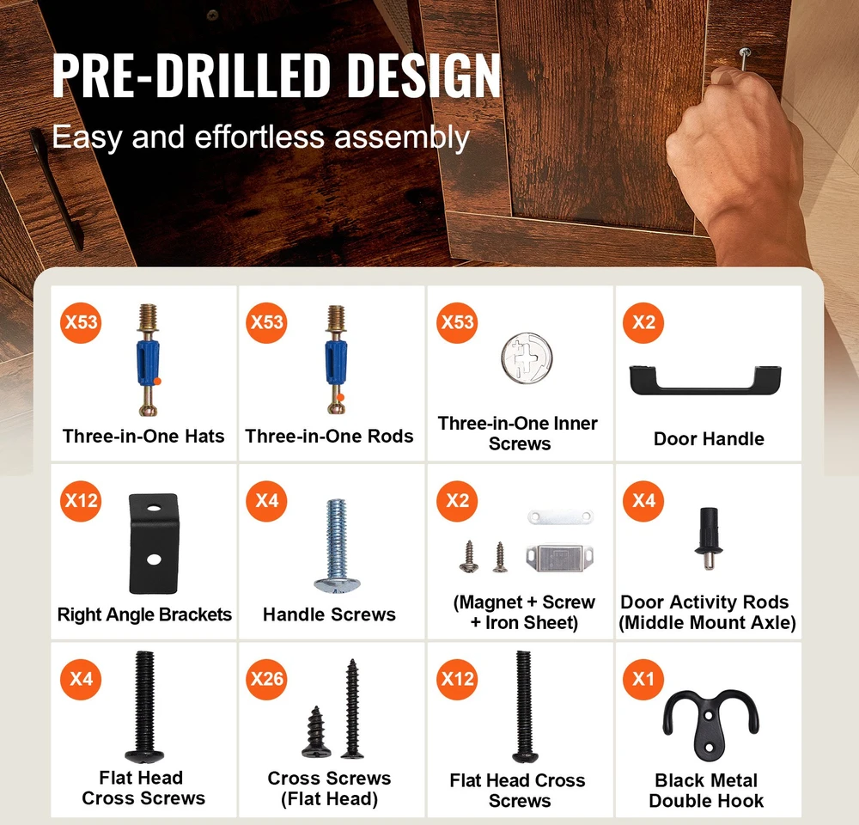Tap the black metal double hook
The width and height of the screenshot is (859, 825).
point(710,724)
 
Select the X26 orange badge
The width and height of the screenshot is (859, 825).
point(266,679)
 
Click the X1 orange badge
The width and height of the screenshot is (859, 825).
point(643,679)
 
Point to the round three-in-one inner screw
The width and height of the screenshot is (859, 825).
point(527,358)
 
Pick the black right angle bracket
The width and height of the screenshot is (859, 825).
point(154,543)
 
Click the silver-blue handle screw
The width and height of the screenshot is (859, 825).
point(337,546)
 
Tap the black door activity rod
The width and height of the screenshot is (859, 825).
point(709,538)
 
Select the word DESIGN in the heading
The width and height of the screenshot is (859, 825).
point(424,75)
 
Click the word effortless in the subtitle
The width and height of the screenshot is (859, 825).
point(259,137)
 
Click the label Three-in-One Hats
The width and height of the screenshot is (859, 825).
point(143,436)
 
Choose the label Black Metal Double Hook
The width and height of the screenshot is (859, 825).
point(706,791)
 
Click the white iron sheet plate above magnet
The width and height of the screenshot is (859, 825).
point(560,516)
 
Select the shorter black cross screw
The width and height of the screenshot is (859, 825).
point(316,731)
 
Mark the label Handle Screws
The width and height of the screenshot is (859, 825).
point(329,614)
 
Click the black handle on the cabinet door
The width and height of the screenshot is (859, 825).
point(57,189)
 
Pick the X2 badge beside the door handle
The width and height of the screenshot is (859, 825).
point(643,322)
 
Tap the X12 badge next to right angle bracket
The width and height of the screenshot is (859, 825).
point(81,500)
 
